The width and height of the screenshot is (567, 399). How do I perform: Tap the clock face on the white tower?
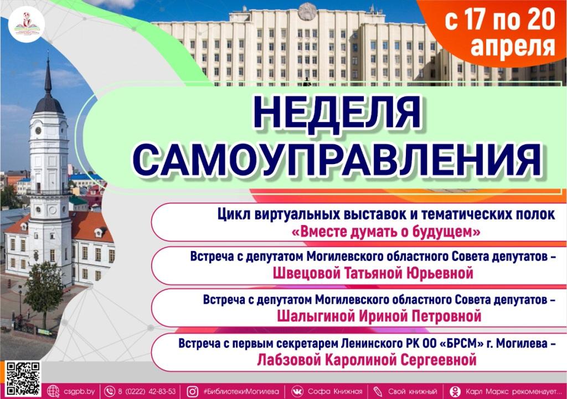tap(38, 130)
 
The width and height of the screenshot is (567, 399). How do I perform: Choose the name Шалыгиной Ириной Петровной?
tap(378, 316)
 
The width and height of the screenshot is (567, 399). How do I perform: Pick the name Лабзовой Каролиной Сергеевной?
tap(367, 360)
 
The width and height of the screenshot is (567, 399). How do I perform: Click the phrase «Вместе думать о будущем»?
tap(385, 232)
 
